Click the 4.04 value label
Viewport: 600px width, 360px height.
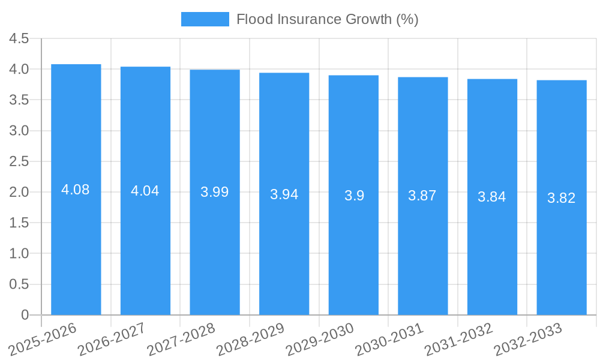click(x=145, y=191)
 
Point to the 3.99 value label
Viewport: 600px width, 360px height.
click(x=215, y=192)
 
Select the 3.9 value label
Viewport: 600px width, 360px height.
click(x=354, y=196)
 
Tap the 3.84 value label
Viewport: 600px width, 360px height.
click(x=492, y=197)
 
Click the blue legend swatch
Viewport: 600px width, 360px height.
click(x=205, y=19)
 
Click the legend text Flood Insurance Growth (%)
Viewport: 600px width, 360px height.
click(x=327, y=19)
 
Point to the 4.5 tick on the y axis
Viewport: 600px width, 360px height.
click(x=19, y=39)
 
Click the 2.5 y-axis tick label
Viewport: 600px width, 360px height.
click(x=19, y=161)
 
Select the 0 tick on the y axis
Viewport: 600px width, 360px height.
click(x=25, y=315)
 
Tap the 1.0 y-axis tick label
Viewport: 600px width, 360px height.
click(x=19, y=254)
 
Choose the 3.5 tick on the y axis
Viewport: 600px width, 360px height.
click(x=19, y=100)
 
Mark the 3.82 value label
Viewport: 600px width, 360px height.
click(x=562, y=198)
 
